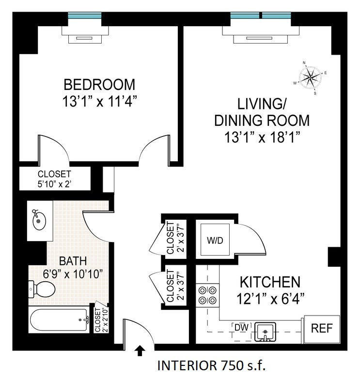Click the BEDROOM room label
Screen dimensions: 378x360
coord(99,85)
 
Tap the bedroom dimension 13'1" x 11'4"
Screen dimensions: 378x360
coord(99,102)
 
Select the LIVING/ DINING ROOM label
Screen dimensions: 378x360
coord(262,112)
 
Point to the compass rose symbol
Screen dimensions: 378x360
coord(310,76)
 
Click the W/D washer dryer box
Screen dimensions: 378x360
coord(216,241)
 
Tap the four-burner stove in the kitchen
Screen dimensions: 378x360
coord(207,295)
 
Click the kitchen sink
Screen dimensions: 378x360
coord(264,332)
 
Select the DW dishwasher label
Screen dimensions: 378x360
coord(241,328)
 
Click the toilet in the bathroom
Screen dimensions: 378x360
coord(41,289)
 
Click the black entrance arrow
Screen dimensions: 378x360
coord(140,349)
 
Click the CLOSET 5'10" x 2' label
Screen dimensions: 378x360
coord(54,179)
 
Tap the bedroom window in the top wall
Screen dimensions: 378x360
coord(85,15)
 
